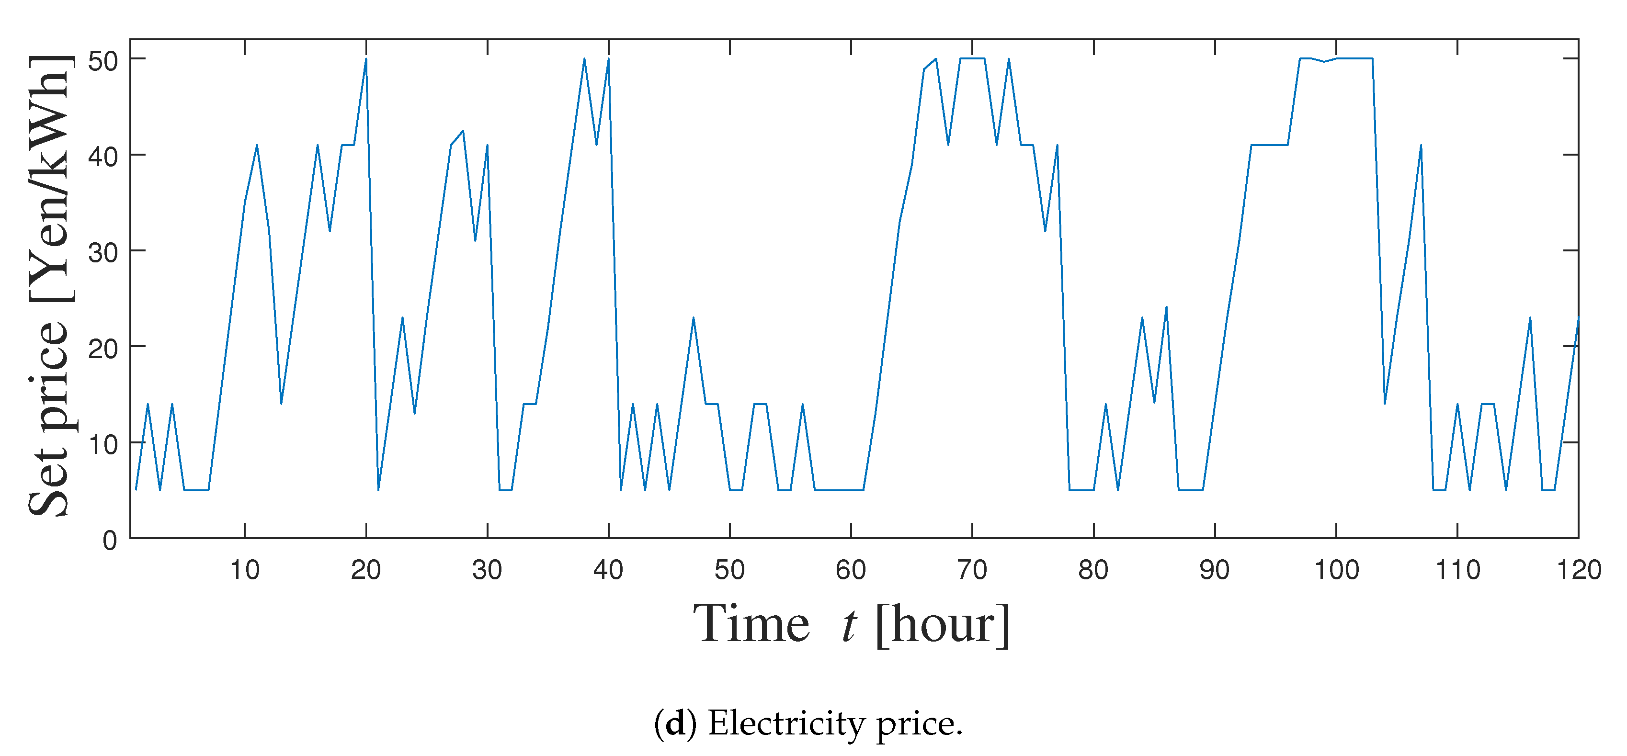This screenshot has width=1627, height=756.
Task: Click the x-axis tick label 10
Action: (244, 570)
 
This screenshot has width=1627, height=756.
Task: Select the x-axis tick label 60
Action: (851, 570)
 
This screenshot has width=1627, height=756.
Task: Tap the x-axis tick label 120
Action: (1578, 570)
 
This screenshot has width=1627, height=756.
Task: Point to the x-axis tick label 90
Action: (1215, 570)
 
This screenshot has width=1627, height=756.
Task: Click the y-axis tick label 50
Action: (103, 61)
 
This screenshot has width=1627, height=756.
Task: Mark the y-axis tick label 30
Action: (103, 253)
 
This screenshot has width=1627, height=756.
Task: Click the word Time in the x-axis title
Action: (751, 624)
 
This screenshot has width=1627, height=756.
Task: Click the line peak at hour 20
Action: (366, 59)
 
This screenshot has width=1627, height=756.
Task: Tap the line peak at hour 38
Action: (584, 59)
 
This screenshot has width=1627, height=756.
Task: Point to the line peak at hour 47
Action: (694, 318)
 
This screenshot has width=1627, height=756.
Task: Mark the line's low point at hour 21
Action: (378, 489)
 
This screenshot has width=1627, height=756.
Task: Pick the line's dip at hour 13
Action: (281, 404)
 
